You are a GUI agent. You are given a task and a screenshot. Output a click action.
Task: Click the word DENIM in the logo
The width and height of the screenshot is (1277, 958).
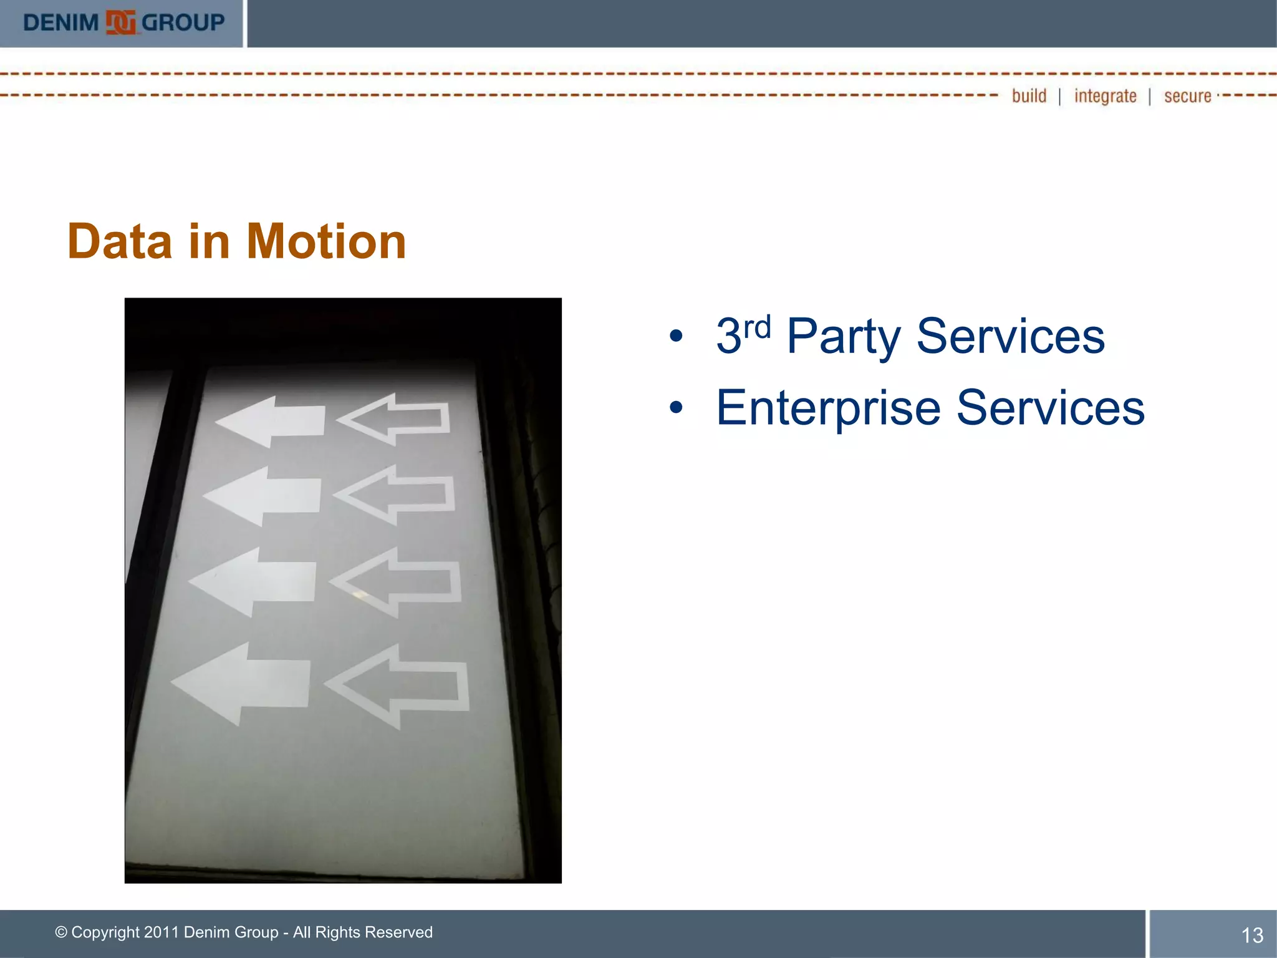click(x=60, y=23)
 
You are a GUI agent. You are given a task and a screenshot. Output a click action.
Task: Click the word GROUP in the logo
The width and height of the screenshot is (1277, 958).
click(x=183, y=23)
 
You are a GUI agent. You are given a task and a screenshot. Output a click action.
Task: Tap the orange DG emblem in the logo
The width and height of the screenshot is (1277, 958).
click(x=120, y=23)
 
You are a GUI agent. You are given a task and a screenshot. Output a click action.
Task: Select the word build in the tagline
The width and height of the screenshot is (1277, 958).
click(x=1029, y=96)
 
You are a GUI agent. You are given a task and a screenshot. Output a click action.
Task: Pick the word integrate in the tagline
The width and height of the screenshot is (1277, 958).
click(x=1105, y=96)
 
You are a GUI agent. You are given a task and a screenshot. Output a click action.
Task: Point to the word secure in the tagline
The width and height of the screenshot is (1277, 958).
click(x=1187, y=96)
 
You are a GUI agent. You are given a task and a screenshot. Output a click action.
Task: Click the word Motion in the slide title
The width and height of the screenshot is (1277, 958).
click(x=326, y=241)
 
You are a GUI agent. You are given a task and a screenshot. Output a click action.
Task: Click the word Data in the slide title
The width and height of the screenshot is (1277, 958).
click(x=119, y=241)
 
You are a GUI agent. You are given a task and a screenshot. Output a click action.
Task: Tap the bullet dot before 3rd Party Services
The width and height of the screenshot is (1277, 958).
click(x=676, y=337)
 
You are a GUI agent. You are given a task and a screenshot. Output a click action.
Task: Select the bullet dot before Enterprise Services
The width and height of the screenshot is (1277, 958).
click(x=676, y=409)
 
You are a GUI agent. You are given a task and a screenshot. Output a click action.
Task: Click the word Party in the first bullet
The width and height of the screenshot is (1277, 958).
click(x=843, y=337)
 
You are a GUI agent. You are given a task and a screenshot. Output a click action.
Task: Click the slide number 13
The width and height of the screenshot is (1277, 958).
click(x=1252, y=935)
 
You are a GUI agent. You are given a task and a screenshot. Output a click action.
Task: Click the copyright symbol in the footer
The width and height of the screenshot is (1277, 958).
click(x=61, y=932)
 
